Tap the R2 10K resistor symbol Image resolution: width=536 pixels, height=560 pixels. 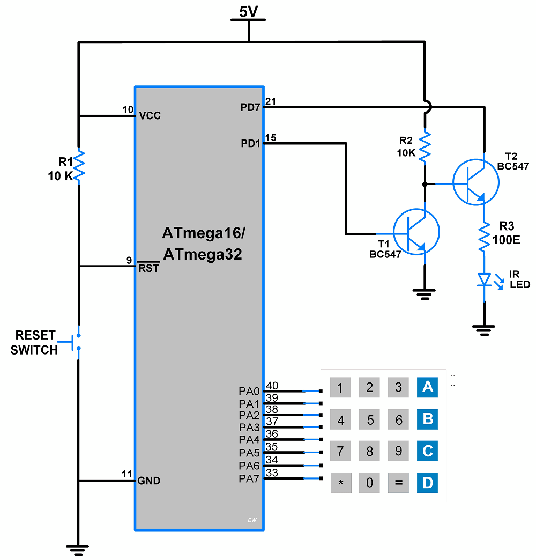point(425,146)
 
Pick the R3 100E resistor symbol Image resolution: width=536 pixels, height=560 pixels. point(484,237)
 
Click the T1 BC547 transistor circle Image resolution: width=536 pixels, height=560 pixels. point(416,232)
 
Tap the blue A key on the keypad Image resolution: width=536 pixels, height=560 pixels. point(427,387)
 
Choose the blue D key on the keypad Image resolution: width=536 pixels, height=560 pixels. point(427,483)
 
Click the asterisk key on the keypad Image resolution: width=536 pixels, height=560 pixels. point(340,483)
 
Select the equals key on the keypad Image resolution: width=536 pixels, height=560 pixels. point(398,483)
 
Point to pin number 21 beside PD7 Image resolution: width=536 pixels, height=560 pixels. point(271,101)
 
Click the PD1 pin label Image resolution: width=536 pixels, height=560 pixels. point(250,144)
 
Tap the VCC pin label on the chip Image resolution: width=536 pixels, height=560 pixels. point(150,116)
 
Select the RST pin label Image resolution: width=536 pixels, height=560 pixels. point(148,268)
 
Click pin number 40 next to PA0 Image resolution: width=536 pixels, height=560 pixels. point(272,385)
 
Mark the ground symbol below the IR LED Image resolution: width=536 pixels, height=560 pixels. point(485,329)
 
